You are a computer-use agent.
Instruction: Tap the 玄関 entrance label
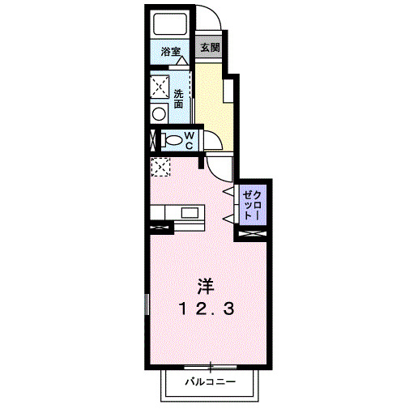(x=209, y=48)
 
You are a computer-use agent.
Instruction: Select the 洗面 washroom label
(x=178, y=97)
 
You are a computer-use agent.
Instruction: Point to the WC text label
(x=187, y=139)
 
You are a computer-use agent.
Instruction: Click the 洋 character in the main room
(x=207, y=286)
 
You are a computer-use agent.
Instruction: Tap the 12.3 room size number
(x=207, y=308)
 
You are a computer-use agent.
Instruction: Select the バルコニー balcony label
(x=209, y=380)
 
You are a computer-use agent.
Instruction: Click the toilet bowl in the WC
(x=172, y=139)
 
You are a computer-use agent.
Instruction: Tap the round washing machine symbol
(x=158, y=113)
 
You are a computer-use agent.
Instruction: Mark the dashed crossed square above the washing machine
(x=158, y=85)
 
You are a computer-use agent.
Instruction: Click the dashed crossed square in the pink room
(x=160, y=167)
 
